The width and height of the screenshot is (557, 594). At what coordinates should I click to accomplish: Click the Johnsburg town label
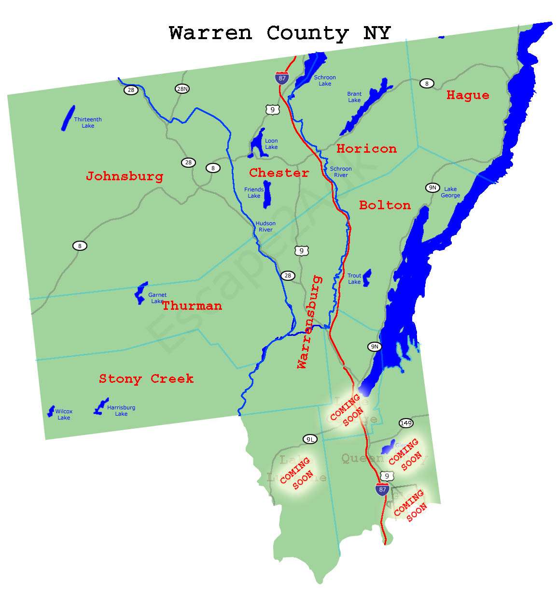tap(125, 176)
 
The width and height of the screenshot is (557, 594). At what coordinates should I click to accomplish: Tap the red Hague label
tap(467, 95)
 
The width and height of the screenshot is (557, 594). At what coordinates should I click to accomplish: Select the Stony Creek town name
tap(146, 378)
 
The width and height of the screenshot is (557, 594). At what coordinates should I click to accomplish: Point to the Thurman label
tap(192, 305)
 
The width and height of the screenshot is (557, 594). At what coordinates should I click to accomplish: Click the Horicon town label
tap(366, 148)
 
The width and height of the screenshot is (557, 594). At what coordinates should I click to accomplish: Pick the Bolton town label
tap(385, 205)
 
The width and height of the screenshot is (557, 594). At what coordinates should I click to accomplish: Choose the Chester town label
tap(279, 173)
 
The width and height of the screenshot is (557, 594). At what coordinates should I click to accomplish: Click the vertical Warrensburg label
tap(309, 322)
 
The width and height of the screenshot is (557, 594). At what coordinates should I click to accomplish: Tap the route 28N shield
tap(182, 89)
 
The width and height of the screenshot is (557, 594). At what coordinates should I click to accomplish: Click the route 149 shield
tap(406, 423)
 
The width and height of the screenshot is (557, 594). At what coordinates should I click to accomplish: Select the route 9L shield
tap(310, 439)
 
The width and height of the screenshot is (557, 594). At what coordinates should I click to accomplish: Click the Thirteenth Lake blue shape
tap(68, 118)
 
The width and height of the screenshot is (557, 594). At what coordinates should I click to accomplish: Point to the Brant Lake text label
tap(354, 97)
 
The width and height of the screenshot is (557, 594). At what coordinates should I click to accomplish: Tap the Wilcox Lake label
tap(64, 415)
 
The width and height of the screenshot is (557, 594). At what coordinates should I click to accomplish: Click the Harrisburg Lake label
tap(121, 411)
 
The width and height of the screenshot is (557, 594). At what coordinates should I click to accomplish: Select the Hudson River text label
tap(265, 227)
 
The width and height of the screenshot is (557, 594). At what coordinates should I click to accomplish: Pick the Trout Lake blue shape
tap(367, 277)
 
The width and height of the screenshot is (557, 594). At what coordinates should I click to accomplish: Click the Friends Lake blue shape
tap(267, 195)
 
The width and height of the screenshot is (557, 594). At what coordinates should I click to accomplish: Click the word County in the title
tap(307, 33)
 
